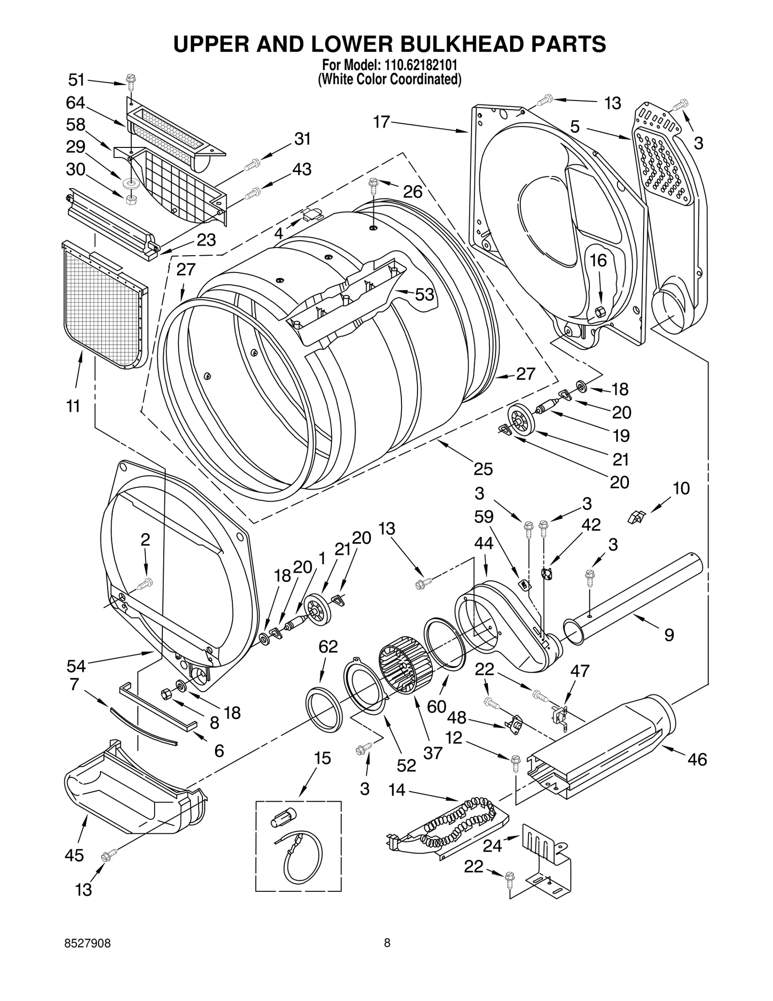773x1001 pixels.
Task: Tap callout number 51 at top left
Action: click(x=76, y=80)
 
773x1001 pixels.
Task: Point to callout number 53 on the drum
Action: click(x=425, y=294)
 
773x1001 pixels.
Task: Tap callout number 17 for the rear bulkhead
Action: click(x=381, y=122)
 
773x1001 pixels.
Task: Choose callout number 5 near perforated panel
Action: click(x=575, y=127)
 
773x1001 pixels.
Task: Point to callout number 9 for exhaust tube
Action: click(x=669, y=635)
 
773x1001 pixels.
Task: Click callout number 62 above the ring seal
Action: click(x=328, y=646)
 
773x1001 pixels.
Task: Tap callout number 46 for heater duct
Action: click(x=697, y=759)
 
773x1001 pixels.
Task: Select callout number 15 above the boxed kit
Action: click(x=322, y=758)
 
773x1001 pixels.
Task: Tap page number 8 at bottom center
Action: click(x=386, y=943)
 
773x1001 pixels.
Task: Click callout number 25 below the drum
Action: click(x=483, y=469)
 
